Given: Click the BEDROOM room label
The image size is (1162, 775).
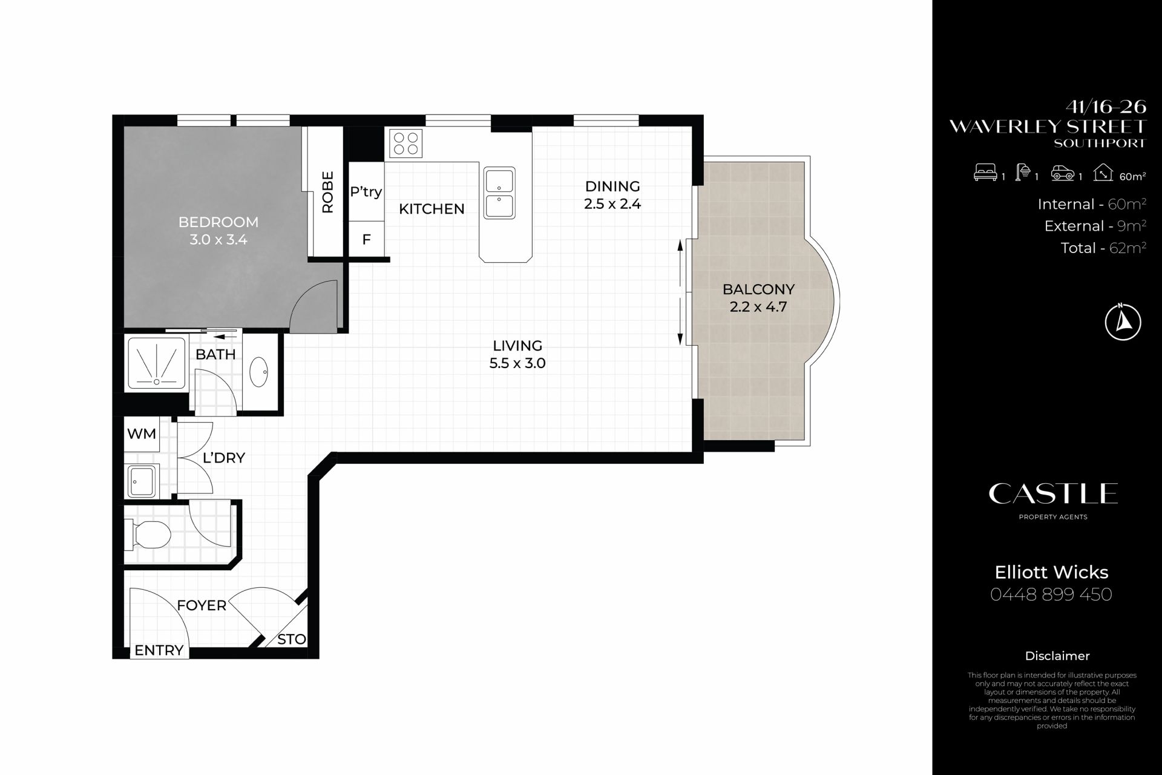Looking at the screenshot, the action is pyautogui.click(x=218, y=222).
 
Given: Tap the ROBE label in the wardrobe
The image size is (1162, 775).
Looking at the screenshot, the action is pyautogui.click(x=327, y=192).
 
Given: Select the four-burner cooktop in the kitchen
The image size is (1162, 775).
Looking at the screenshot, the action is pyautogui.click(x=405, y=143).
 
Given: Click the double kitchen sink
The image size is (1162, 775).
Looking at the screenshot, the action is pyautogui.click(x=499, y=193).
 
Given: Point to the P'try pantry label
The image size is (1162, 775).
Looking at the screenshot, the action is pyautogui.click(x=366, y=192).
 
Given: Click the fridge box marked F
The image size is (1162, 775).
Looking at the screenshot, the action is pyautogui.click(x=366, y=240).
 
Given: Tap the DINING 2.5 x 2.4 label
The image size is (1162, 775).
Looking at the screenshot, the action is pyautogui.click(x=612, y=195).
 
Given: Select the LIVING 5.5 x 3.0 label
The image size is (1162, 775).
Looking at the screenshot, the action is pyautogui.click(x=517, y=354).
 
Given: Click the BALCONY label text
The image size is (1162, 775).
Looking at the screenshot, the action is pyautogui.click(x=758, y=289).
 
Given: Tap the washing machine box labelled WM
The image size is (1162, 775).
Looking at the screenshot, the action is pyautogui.click(x=142, y=434).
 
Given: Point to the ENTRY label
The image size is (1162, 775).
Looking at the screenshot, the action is pyautogui.click(x=159, y=650).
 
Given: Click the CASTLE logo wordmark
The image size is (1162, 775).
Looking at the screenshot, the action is pyautogui.click(x=1053, y=494).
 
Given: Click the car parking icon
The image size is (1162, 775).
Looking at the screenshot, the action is pyautogui.click(x=1062, y=174).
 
